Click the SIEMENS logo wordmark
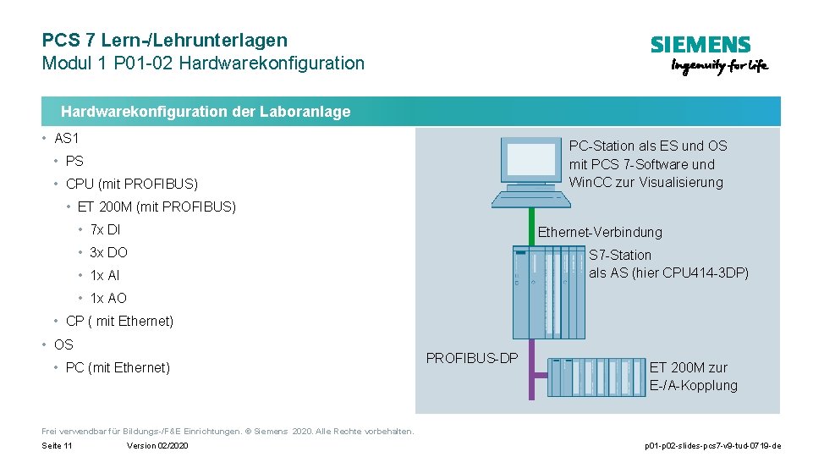(700, 46)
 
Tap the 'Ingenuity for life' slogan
(719, 67)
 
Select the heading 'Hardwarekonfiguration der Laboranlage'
(206, 112)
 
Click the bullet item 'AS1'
(66, 138)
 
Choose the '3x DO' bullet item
(108, 252)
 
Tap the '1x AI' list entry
(105, 275)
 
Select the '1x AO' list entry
(107, 298)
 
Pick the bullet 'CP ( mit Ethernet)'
(119, 321)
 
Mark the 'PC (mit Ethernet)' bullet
(118, 367)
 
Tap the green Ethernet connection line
(532, 227)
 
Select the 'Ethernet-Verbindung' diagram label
(600, 232)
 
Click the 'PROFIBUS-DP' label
(472, 358)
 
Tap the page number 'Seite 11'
(57, 446)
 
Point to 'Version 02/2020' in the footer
(157, 446)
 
